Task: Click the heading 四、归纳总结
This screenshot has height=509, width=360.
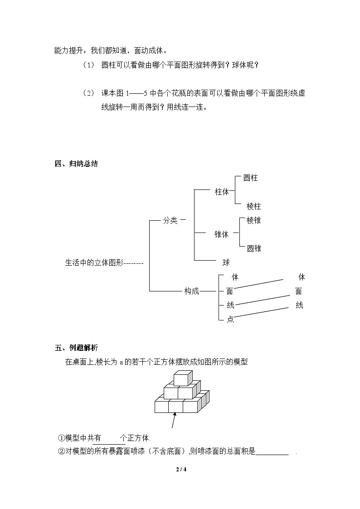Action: pyautogui.click(x=76, y=164)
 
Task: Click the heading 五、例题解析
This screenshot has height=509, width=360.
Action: pyautogui.click(x=76, y=348)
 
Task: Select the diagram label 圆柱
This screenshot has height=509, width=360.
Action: pyautogui.click(x=250, y=178)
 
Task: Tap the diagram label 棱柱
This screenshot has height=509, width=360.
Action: pyautogui.click(x=253, y=207)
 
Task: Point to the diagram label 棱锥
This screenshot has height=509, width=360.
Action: pyautogui.click(x=253, y=221)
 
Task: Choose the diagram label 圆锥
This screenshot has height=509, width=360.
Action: pyautogui.click(x=253, y=248)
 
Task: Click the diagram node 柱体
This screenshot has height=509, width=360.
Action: pyautogui.click(x=222, y=192)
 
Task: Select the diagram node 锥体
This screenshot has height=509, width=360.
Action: pyautogui.click(x=222, y=234)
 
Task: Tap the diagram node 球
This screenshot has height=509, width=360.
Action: pyautogui.click(x=226, y=262)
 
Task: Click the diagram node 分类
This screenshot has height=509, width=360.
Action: pyautogui.click(x=170, y=221)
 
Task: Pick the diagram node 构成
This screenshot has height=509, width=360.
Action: pyautogui.click(x=191, y=291)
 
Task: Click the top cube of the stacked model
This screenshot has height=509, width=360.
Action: pyautogui.click(x=183, y=378)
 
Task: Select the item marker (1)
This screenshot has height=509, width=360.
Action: pyautogui.click(x=88, y=65)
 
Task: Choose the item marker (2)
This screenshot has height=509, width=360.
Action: pyautogui.click(x=88, y=93)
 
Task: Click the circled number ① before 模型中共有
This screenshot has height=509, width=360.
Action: pyautogui.click(x=62, y=438)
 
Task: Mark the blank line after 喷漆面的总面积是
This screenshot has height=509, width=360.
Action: pyautogui.click(x=272, y=452)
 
